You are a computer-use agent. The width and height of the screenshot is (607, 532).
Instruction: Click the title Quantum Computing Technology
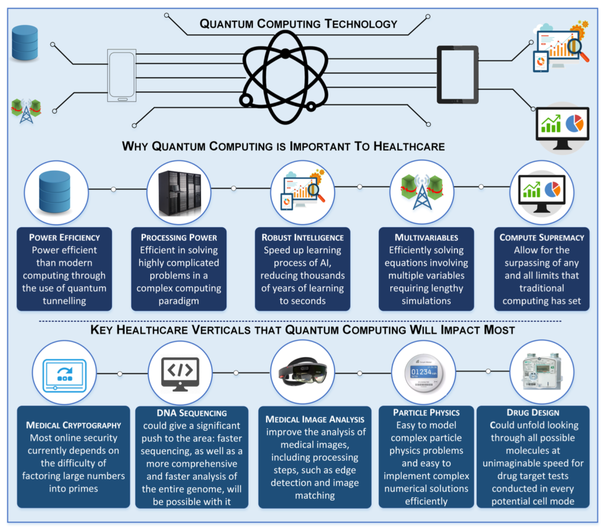[298, 24]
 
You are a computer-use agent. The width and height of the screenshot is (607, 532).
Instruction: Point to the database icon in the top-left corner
[24, 43]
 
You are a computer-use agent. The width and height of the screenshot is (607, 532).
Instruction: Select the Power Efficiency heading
[64, 237]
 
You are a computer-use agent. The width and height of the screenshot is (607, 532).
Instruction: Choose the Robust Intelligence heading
[303, 237]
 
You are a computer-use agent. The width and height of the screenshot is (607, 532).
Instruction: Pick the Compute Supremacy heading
[542, 237]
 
